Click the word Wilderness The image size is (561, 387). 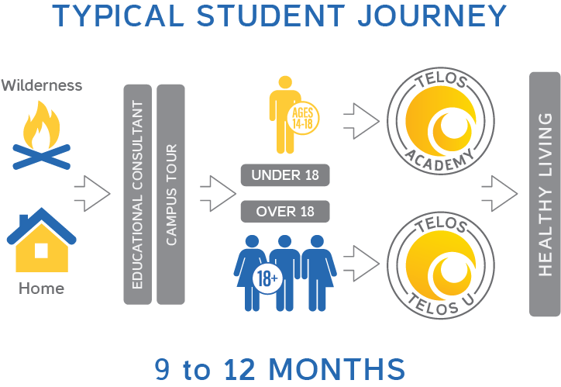coord(41,85)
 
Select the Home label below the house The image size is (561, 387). coord(41,289)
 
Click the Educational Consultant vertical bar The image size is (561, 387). coord(137,194)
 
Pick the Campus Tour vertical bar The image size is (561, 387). coord(170,194)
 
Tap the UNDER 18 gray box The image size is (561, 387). coord(285,175)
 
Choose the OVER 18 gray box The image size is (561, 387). coord(285,211)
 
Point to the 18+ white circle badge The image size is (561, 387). coord(267,278)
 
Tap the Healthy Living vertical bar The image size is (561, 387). coord(545,194)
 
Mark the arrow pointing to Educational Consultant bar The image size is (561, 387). coord(92,194)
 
